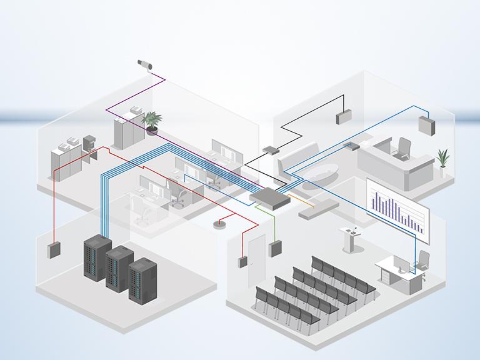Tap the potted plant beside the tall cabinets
tap(151, 122)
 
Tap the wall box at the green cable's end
tap(274, 249)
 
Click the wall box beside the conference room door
tap(242, 261)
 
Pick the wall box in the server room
tap(52, 250)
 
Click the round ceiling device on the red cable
tap(219, 224)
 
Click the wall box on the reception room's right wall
tap(428, 125)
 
